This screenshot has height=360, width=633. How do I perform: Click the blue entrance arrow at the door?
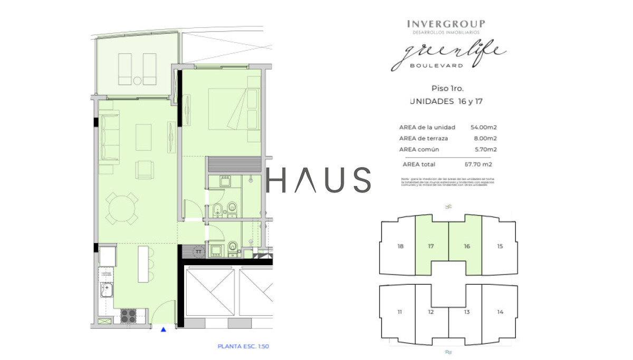coord(164,329)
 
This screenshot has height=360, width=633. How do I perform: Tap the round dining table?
coord(122,208)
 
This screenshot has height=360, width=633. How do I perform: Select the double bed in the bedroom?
coord(234,109)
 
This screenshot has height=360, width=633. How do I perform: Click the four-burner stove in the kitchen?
coord(129,315)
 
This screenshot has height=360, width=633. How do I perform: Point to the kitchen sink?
coord(107,289)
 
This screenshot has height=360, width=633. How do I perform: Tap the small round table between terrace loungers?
coord(137,81)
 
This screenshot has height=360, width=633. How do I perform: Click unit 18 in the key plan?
coord(400,246)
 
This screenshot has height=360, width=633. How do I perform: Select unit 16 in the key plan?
coord(466,246)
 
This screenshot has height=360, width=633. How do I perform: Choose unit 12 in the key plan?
coord(431,312)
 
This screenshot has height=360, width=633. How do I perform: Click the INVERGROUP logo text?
coord(446,24)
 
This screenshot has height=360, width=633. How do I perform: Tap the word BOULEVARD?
coord(437,66)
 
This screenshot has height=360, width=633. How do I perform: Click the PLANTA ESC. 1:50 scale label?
coord(243,346)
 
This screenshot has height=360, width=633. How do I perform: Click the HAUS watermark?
coord(319,180)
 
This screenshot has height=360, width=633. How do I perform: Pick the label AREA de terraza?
coord(423,139)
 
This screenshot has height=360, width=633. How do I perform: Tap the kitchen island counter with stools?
coord(143,264)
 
